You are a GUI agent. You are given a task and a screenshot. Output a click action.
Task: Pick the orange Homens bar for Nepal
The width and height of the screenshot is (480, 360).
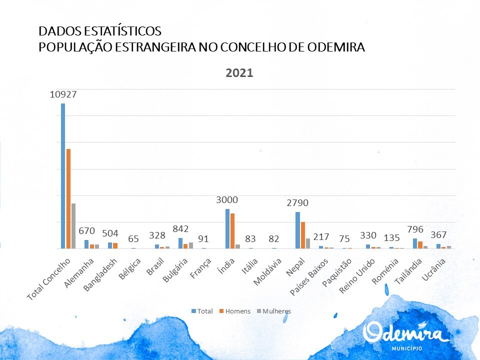pos(303,235)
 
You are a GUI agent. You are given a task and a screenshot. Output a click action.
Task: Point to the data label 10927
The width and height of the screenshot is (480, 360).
pos(63,94)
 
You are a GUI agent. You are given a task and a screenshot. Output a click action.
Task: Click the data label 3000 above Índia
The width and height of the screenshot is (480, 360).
pos(227,200)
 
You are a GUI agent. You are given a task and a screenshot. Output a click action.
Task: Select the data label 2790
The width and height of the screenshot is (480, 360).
pos(297,203)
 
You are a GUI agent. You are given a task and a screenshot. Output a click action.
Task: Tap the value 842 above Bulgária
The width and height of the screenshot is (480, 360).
pos(180,229)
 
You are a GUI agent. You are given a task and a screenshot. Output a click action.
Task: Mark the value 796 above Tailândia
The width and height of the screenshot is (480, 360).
pos(414,229)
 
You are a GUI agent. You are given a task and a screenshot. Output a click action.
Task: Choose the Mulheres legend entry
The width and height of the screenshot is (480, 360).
pos(275,311)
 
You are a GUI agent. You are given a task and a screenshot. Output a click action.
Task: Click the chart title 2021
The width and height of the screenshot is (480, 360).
pos(240,72)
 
